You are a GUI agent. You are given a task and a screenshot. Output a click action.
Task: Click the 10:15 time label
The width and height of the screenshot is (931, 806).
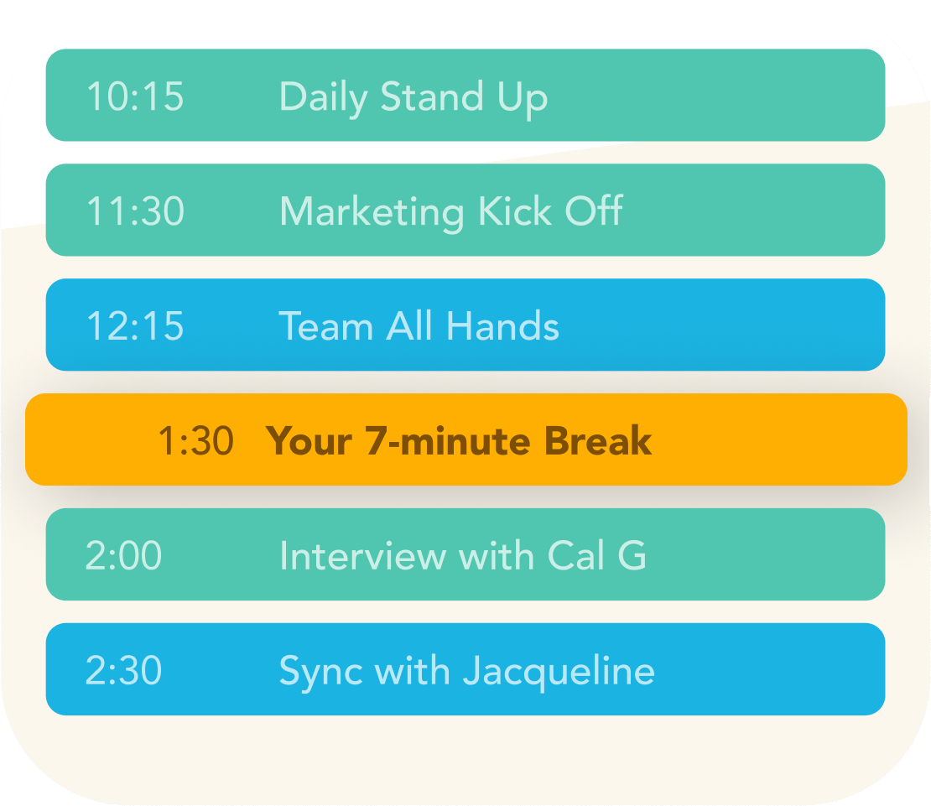pos(135,96)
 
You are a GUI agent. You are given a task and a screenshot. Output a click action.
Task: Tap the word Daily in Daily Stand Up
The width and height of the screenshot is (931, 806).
pos(324,97)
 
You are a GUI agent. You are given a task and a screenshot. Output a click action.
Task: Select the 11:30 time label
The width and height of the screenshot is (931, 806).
pos(135,211)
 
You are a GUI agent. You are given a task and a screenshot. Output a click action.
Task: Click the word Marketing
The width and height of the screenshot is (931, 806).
pos(372,213)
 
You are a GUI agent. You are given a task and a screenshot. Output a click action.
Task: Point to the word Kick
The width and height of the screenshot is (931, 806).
pos(515,211)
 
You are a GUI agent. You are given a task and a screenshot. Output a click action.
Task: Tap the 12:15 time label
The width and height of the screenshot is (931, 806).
pos(135,326)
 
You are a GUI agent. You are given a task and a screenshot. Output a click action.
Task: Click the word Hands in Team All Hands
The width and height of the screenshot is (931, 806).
pos(502,325)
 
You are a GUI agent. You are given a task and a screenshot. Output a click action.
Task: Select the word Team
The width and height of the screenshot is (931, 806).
pos(326,326)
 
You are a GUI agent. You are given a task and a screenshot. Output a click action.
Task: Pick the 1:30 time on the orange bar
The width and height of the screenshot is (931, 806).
pos(196,441)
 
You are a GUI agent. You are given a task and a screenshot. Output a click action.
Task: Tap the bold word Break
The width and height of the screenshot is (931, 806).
pos(598,440)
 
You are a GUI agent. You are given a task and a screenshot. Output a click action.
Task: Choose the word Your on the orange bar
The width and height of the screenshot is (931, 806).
pos(309,441)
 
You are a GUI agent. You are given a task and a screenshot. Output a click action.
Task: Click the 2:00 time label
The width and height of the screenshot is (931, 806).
pos(123,555)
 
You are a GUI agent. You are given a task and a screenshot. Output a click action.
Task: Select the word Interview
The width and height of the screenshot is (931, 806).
pos(363,555)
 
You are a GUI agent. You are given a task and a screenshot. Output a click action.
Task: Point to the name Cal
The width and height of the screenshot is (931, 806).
pos(576,555)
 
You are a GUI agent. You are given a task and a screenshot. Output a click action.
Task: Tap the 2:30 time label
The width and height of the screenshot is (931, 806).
pos(123,671)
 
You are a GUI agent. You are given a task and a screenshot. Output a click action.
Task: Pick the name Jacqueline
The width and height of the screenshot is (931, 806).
pos(559,672)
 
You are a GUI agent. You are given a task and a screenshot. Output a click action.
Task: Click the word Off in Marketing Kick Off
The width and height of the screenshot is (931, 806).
pos(594,211)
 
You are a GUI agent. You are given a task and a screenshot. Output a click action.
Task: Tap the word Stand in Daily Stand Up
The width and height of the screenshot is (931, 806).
pos(432,96)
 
